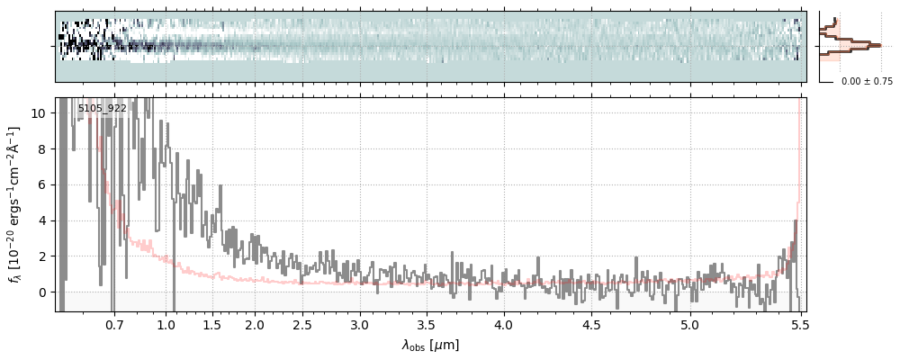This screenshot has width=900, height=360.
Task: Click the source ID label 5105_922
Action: (102, 109)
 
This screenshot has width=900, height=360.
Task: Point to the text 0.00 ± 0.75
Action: (867, 82)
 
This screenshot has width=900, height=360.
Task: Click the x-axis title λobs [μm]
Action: (430, 345)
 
